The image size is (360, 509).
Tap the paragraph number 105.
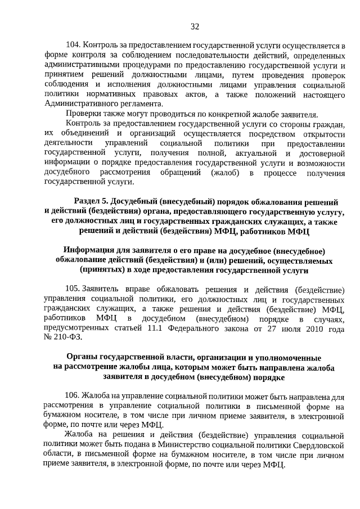pos(73,289)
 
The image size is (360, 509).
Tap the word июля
pos(284,327)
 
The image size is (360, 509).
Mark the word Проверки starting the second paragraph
pos(83,113)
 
